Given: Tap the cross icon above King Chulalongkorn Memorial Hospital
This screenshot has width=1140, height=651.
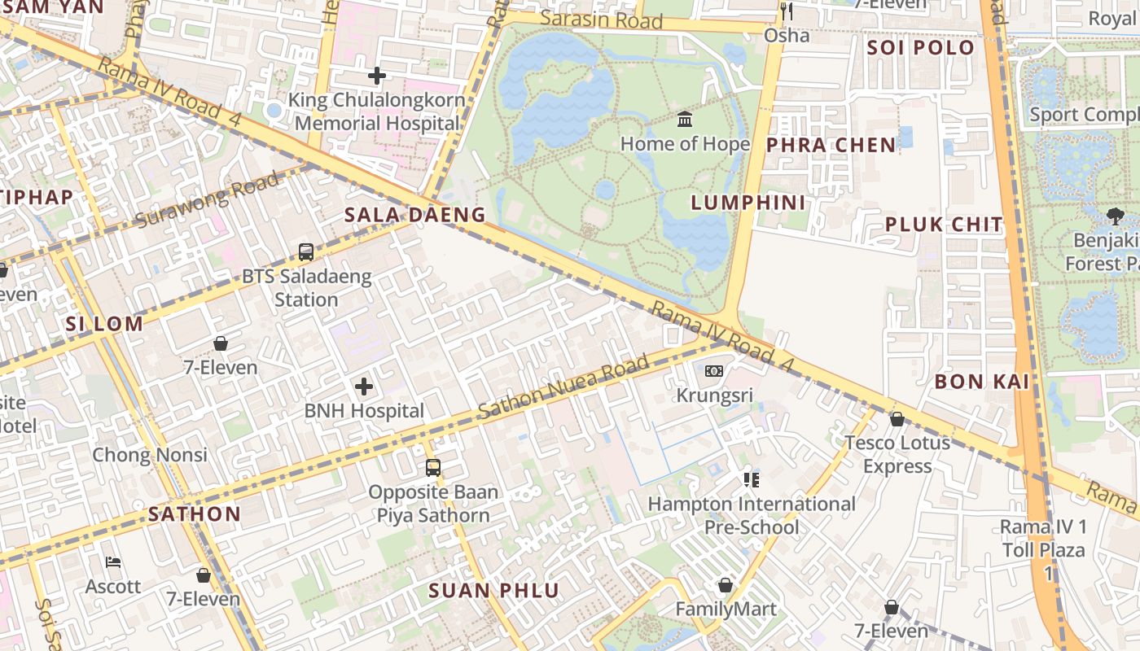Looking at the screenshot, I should pyautogui.click(x=376, y=76).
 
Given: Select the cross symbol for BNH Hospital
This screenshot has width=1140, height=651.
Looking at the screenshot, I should pyautogui.click(x=364, y=387).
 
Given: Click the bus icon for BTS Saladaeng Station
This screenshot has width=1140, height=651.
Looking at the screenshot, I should pyautogui.click(x=306, y=252).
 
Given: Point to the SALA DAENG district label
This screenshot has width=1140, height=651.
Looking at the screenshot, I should pyautogui.click(x=414, y=215).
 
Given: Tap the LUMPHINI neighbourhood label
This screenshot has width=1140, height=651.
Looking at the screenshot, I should pyautogui.click(x=748, y=203).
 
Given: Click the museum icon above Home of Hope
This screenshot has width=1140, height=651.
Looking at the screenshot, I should pyautogui.click(x=685, y=120).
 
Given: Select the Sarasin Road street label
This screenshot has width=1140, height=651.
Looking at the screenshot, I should pyautogui.click(x=602, y=20).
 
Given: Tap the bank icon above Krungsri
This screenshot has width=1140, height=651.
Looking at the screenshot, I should pyautogui.click(x=713, y=371).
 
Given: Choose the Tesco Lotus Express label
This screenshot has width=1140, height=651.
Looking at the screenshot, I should pyautogui.click(x=897, y=454).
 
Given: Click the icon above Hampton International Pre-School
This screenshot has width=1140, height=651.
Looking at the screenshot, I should pyautogui.click(x=751, y=480).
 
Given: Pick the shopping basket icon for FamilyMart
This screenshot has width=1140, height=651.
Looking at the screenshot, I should pyautogui.click(x=726, y=586).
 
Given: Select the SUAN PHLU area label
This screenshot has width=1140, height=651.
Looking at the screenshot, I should pyautogui.click(x=494, y=591).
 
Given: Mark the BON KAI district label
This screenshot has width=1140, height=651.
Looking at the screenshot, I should pyautogui.click(x=982, y=381).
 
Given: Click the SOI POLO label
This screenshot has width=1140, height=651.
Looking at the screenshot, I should pyautogui.click(x=920, y=47).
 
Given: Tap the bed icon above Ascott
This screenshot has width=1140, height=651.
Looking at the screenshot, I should pyautogui.click(x=113, y=562).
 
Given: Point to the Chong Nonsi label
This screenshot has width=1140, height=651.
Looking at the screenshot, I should pyautogui.click(x=150, y=454).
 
